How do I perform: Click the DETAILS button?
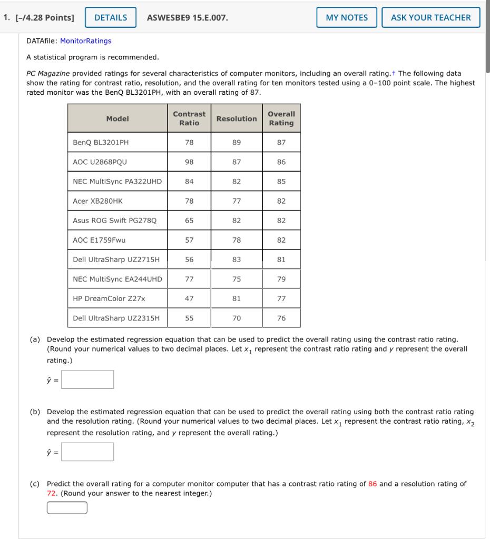pyautogui.click(x=110, y=17)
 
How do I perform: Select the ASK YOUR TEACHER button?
pyautogui.click(x=430, y=17)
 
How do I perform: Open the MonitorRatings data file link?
pyautogui.click(x=86, y=41)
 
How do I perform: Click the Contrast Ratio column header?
pyautogui.click(x=189, y=118)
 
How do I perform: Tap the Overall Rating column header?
pyautogui.click(x=281, y=118)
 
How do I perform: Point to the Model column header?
pyautogui.click(x=117, y=118)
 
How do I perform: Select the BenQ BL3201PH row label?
pyautogui.click(x=101, y=142)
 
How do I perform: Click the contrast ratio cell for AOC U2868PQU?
pyautogui.click(x=189, y=162)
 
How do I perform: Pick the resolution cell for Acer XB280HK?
pyautogui.click(x=237, y=201)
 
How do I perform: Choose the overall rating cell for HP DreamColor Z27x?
pyautogui.click(x=281, y=298)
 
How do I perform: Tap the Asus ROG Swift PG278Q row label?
pyautogui.click(x=114, y=221)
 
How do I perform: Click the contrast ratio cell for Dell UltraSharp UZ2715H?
pyautogui.click(x=189, y=259)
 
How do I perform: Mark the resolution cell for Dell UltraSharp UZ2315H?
pyautogui.click(x=237, y=318)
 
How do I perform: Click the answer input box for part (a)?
pyautogui.click(x=87, y=380)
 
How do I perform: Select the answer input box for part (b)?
pyautogui.click(x=87, y=452)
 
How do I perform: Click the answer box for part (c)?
pyautogui.click(x=67, y=507)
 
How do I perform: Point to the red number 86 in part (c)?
pyautogui.click(x=373, y=484)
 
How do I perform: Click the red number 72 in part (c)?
pyautogui.click(x=52, y=494)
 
